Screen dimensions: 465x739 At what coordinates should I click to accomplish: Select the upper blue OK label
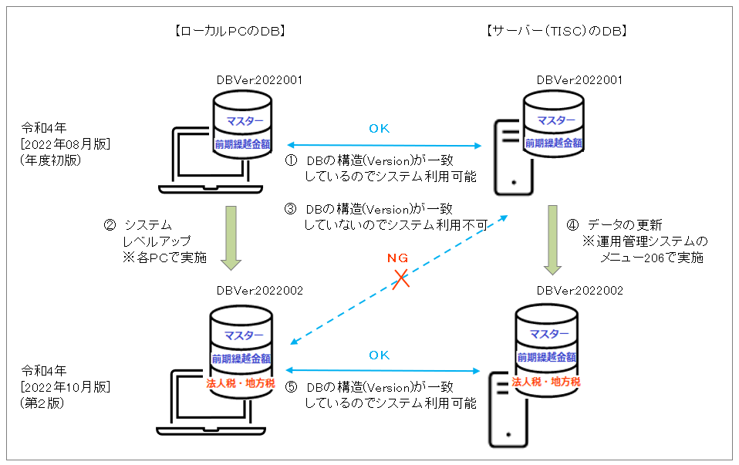tap(380, 129)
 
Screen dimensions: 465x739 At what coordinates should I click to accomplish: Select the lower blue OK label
tap(380, 355)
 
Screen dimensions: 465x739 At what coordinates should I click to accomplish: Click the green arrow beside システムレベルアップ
tap(231, 238)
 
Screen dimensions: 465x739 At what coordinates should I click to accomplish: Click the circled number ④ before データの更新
tap(572, 225)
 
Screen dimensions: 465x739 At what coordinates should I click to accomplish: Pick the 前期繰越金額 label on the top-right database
tap(554, 143)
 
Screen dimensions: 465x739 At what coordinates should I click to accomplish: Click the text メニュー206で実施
tap(653, 258)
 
